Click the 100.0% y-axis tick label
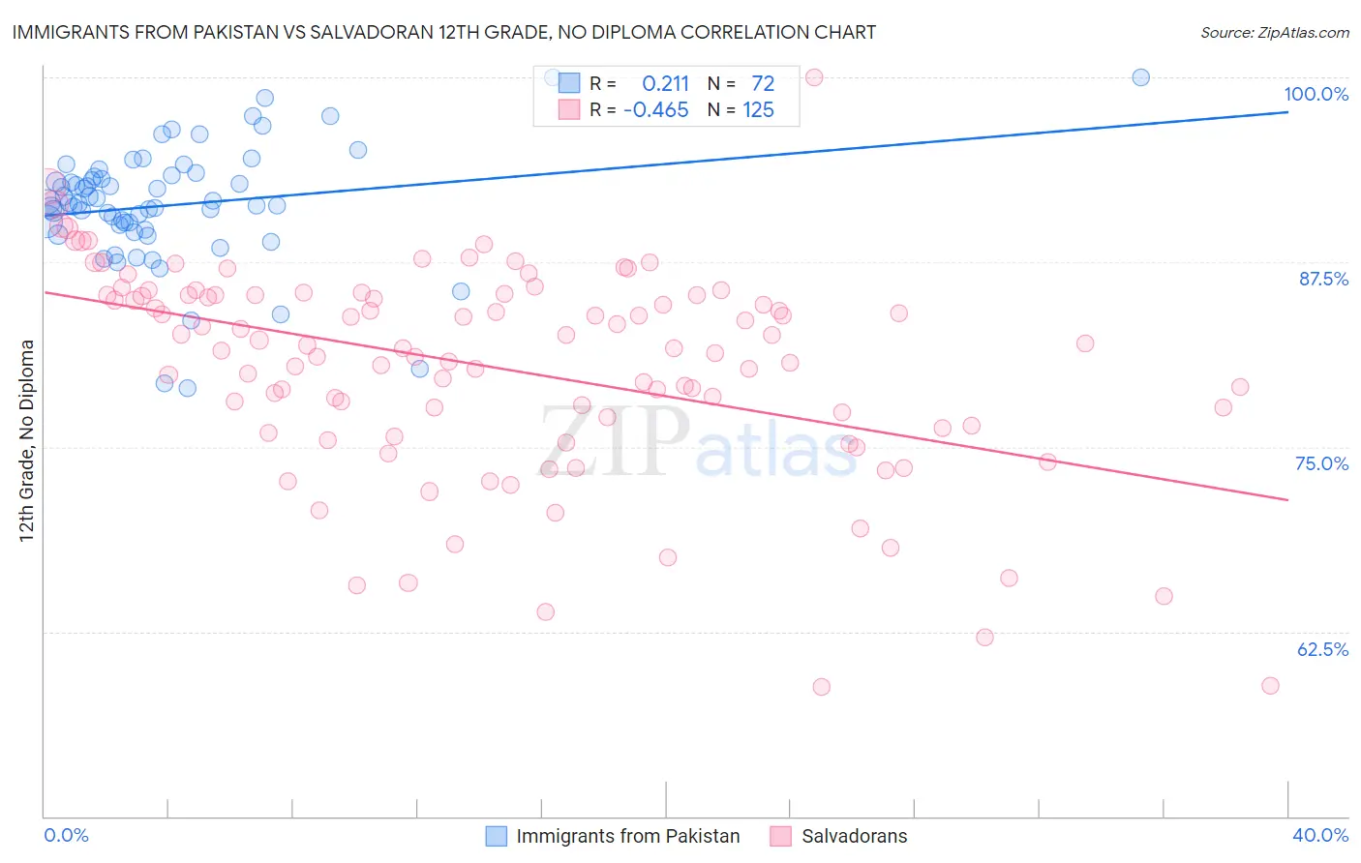(x=1316, y=94)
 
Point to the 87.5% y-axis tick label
(x=1323, y=279)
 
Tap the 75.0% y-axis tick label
(x=1321, y=463)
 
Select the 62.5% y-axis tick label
(x=1322, y=649)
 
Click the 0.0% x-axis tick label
(x=66, y=835)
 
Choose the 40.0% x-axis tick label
(x=1319, y=835)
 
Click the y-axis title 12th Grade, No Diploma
(x=27, y=440)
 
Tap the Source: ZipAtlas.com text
(x=1274, y=32)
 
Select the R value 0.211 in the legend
(x=665, y=83)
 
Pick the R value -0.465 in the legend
(x=655, y=110)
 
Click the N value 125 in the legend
(x=758, y=110)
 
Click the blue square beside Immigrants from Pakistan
(x=496, y=836)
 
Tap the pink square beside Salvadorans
(x=780, y=836)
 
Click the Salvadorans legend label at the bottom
(x=854, y=836)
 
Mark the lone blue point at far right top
(x=1140, y=77)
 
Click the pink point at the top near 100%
(x=814, y=77)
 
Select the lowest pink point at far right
(x=1270, y=685)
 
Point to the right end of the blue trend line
(x=1287, y=112)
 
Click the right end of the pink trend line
(x=1287, y=499)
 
